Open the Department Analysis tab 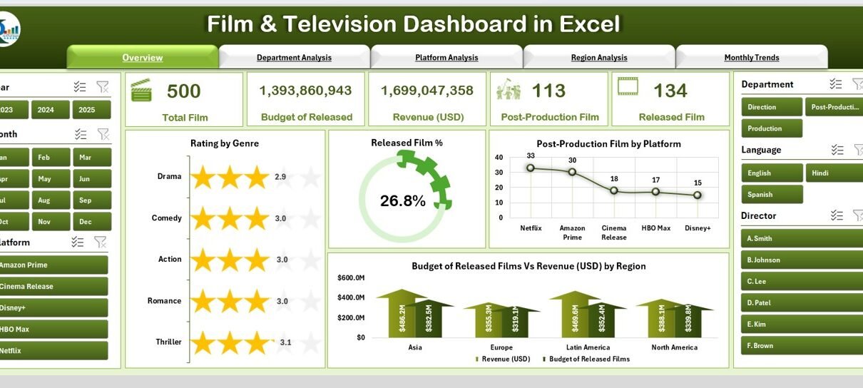[x=294, y=58]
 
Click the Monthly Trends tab [x=751, y=58]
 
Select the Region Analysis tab [x=599, y=58]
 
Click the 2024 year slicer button [x=51, y=110]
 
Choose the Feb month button [x=51, y=158]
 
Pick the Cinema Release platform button [x=53, y=287]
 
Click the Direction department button [x=772, y=107]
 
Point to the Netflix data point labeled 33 [x=530, y=168]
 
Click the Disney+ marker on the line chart [x=698, y=195]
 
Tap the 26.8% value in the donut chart [x=403, y=201]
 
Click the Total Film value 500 [x=183, y=91]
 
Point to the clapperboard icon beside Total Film [x=141, y=91]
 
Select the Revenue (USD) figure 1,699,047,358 [x=427, y=91]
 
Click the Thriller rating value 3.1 [x=286, y=342]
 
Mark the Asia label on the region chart [x=415, y=347]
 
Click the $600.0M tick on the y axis [x=351, y=277]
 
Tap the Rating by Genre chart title [x=225, y=143]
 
